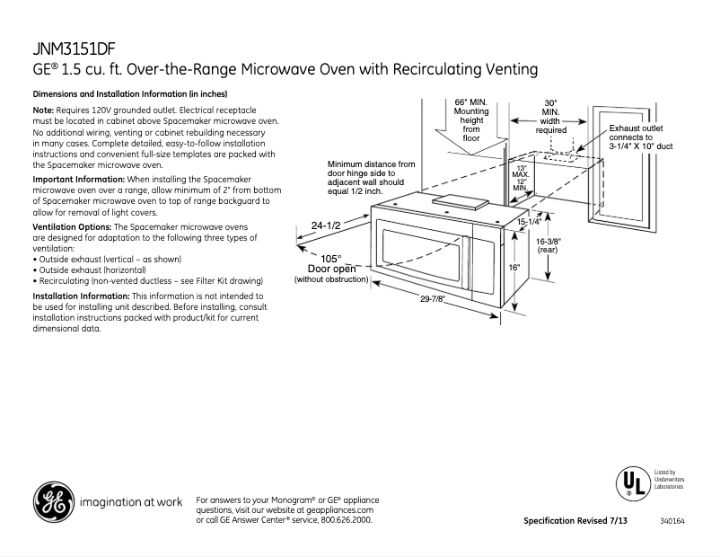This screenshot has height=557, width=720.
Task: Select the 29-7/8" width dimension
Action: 433,299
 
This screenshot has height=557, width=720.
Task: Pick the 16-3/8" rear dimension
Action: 549,246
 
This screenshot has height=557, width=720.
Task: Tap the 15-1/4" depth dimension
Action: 529,220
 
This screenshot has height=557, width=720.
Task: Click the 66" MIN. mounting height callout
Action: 471,120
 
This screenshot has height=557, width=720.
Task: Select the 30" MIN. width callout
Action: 550,116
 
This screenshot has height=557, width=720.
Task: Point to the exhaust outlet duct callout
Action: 640,137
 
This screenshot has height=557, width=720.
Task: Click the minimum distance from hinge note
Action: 371,178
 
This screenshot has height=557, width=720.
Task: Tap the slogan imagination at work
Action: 131,502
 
